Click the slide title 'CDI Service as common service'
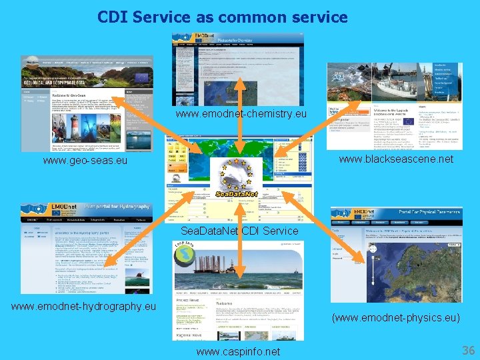(x=222, y=17)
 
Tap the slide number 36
(x=468, y=350)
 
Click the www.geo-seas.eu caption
(x=85, y=161)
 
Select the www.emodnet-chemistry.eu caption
(x=241, y=114)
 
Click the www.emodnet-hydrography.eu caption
(x=83, y=306)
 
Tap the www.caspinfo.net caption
(x=238, y=351)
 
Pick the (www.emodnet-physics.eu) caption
(x=395, y=318)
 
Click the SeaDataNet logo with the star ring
(x=236, y=179)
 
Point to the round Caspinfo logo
(x=187, y=253)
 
